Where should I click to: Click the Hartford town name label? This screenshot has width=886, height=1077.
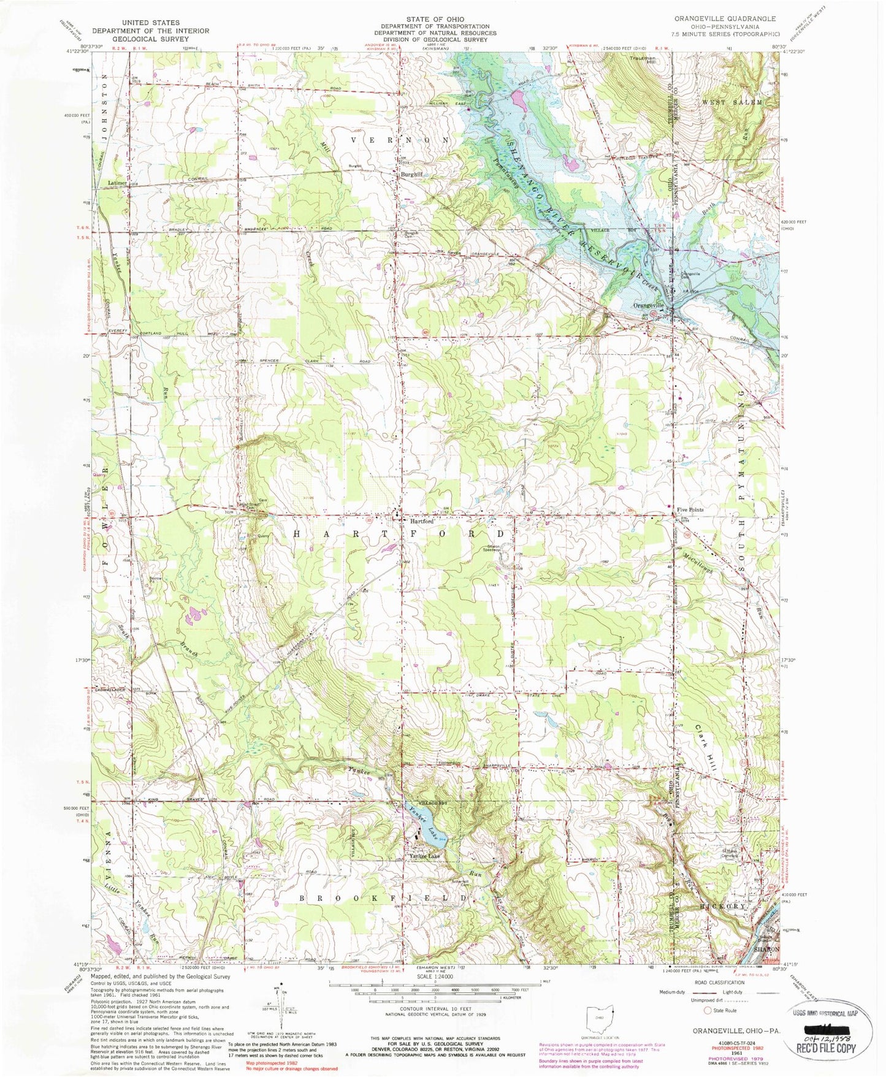[x=421, y=521]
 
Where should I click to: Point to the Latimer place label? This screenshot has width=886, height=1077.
[x=117, y=183]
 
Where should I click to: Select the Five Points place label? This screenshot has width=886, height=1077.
[x=690, y=509]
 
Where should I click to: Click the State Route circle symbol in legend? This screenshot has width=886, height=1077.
[x=708, y=1010]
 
